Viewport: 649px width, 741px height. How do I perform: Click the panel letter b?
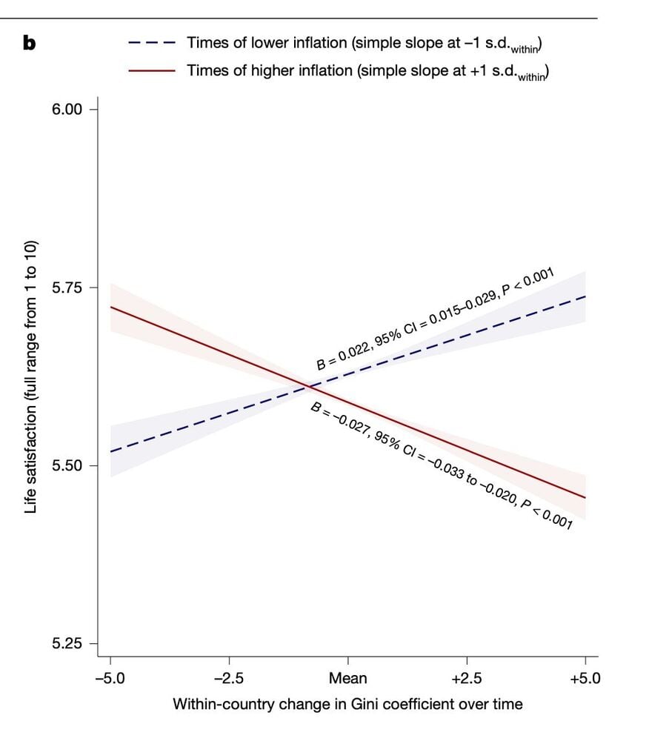(x=30, y=43)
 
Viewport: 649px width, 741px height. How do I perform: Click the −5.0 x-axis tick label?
(x=110, y=678)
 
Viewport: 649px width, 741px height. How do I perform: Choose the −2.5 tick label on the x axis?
(x=229, y=678)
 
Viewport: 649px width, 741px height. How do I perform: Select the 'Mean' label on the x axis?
(x=348, y=678)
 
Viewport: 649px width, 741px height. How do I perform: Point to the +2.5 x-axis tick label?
(x=467, y=678)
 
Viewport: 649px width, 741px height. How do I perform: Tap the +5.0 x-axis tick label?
(x=585, y=678)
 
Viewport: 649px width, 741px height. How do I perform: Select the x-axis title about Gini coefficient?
(x=347, y=704)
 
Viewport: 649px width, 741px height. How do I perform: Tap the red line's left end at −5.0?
(x=110, y=307)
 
